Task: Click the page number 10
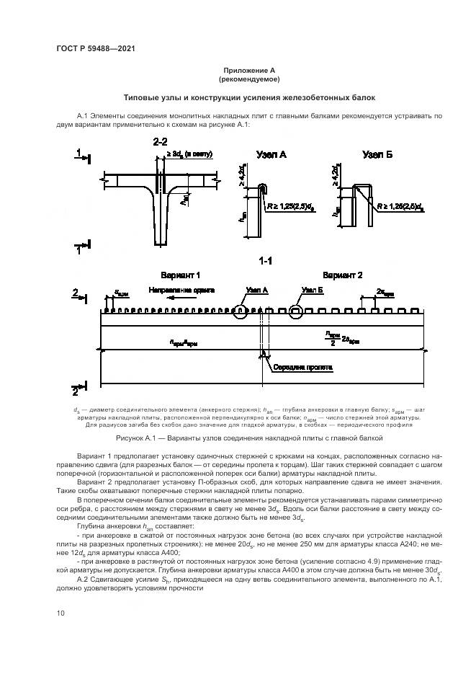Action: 60,613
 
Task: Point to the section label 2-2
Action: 159,141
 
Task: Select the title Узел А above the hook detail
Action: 271,154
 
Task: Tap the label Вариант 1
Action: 181,275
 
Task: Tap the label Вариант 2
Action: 342,275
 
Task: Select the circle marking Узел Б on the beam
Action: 296,312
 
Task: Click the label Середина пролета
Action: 302,367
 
